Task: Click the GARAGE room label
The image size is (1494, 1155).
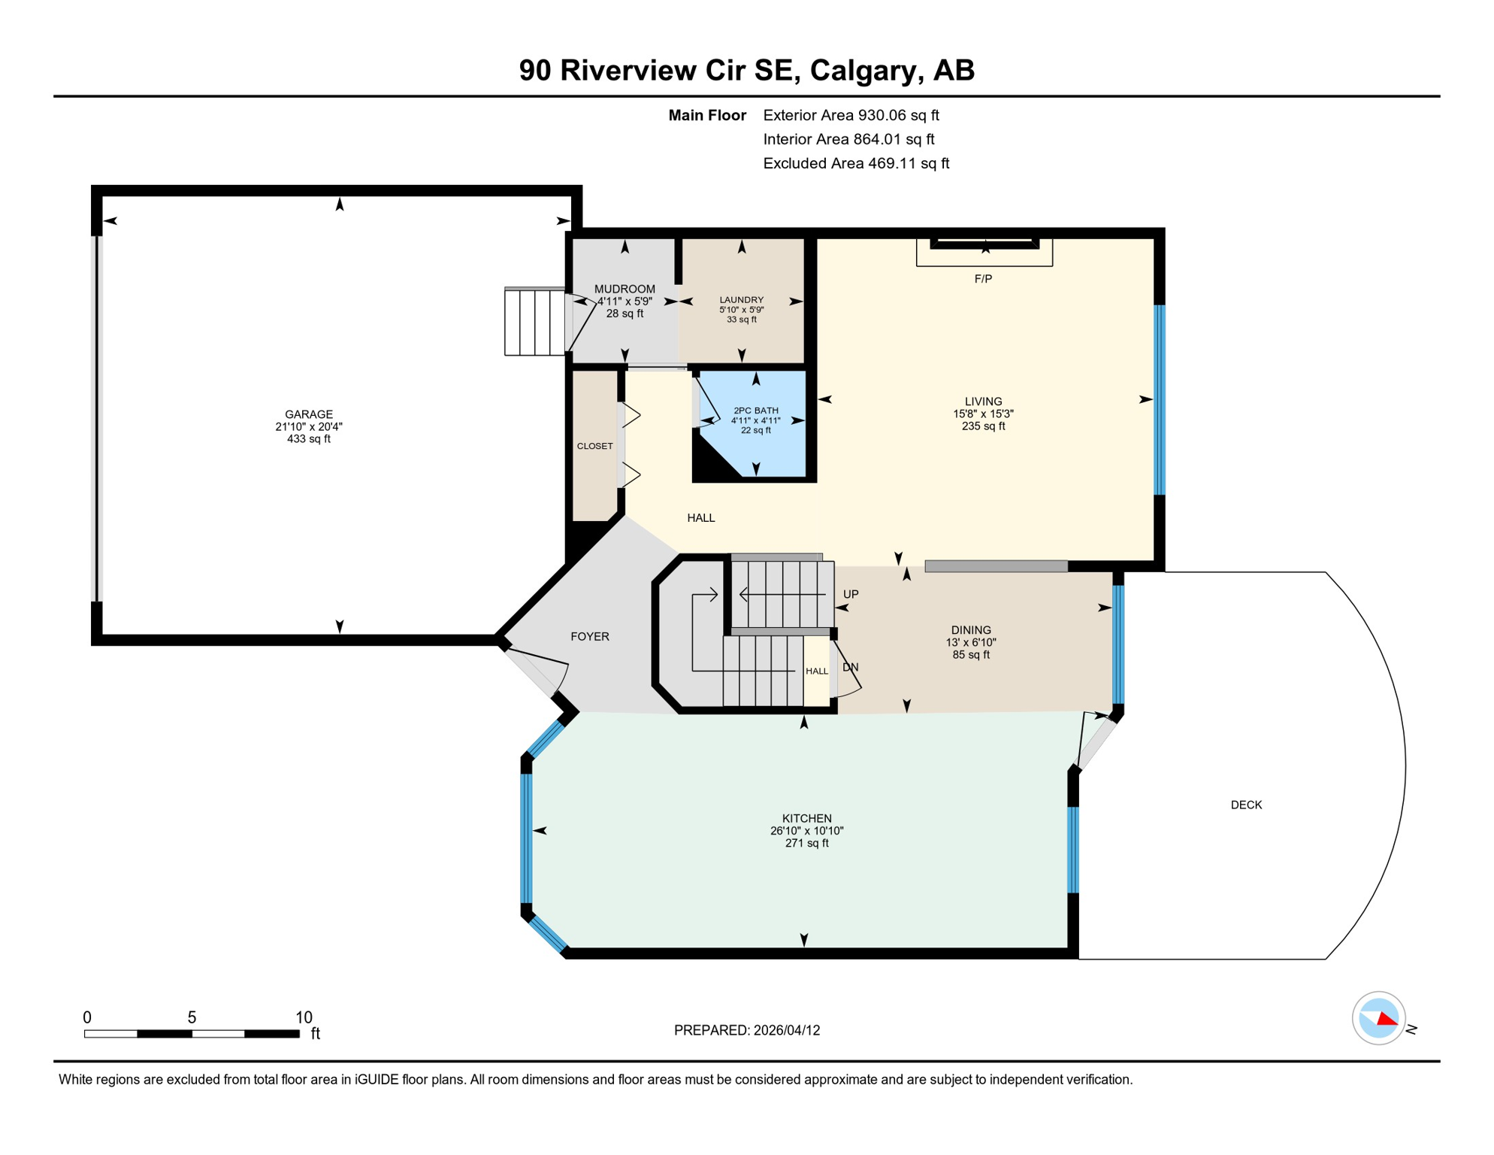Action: pos(309,414)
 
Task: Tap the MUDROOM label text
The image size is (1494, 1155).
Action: pos(625,289)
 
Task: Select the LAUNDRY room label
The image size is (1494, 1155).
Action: pos(742,300)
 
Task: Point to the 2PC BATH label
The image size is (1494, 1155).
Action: pos(756,411)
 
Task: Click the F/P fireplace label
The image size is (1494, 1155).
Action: pos(983,279)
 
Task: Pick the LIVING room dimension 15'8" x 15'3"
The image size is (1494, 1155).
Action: pos(984,414)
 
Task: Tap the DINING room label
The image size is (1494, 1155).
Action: pos(971,630)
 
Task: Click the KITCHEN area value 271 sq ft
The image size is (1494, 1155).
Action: pos(807,844)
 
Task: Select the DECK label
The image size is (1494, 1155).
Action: pos(1246,805)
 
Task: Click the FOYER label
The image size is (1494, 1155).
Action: pos(590,637)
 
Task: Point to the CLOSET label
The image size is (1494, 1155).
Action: pos(595,446)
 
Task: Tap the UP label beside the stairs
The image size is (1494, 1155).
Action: pos(851,594)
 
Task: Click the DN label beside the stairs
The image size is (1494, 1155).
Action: pos(851,667)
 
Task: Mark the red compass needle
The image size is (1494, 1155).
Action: pos(1387,1019)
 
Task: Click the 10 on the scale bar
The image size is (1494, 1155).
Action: pos(304,1017)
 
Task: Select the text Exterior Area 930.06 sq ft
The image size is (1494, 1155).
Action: pos(851,115)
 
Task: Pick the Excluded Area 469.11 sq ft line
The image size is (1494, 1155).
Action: pos(857,163)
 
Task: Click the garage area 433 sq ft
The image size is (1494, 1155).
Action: pos(309,439)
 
